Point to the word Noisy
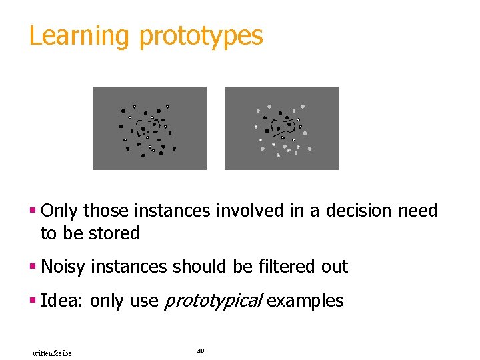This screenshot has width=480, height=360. coord(63,267)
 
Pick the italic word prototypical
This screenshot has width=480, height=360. coord(214,301)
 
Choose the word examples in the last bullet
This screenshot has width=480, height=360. coord(305,301)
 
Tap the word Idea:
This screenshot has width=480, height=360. coord(63,301)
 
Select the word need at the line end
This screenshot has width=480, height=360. coord(417,211)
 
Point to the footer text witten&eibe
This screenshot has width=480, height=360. coord(52,353)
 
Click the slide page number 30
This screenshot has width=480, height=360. coord(199,350)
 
